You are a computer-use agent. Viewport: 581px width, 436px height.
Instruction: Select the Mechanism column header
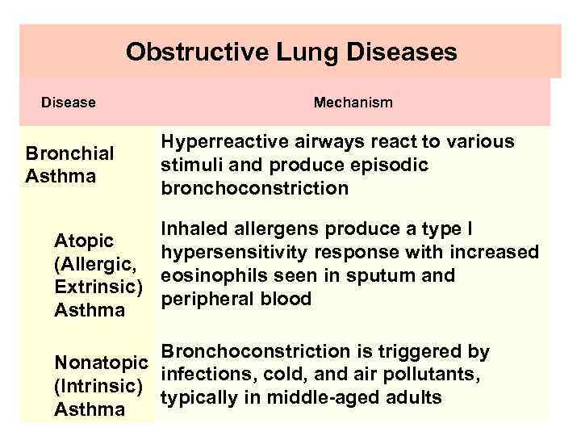353,103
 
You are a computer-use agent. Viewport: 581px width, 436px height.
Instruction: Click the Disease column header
69,103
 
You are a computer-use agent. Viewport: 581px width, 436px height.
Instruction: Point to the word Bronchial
69,153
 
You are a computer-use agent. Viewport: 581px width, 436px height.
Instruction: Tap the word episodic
391,165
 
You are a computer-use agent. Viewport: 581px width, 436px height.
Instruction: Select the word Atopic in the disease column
83,241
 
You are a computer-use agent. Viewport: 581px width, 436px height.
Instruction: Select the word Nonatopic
101,363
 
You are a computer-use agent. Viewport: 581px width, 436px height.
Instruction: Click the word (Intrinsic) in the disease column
98,386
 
